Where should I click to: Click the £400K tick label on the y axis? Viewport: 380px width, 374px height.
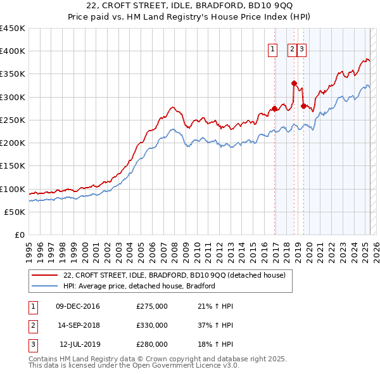(13, 51)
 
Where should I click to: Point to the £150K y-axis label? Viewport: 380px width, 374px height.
(13, 166)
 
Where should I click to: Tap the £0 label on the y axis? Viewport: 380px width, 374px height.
(19, 235)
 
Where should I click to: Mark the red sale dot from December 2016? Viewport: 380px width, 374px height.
(274, 108)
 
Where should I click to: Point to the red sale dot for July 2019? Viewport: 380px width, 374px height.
(304, 106)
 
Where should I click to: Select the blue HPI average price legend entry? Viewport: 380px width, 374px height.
(139, 286)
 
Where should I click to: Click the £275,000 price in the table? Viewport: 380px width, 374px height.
(152, 306)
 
